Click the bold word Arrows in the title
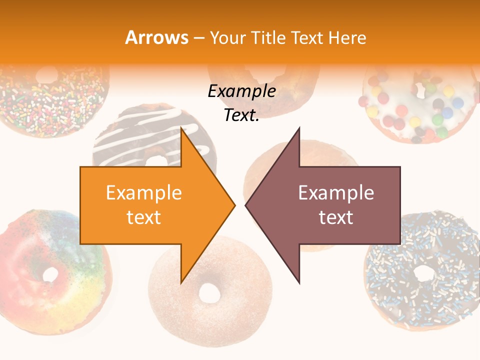156,37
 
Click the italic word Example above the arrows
242,91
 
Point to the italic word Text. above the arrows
242,115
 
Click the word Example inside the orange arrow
144,192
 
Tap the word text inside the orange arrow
144,217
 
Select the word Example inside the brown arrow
336,192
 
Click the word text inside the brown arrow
336,217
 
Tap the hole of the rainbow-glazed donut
50,274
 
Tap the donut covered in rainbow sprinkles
50,100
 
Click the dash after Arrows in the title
198,38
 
